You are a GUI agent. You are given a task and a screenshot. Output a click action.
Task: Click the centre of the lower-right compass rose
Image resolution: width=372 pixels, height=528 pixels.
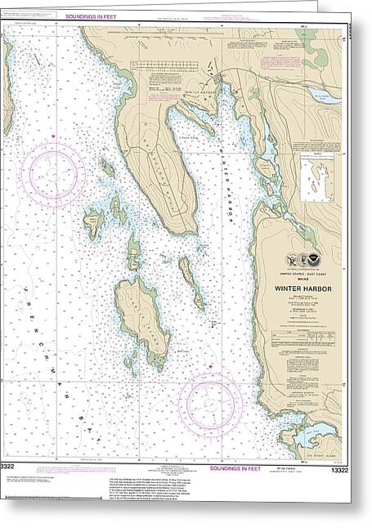point(210,404)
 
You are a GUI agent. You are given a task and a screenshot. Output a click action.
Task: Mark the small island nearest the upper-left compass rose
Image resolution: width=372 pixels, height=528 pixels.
point(107,168)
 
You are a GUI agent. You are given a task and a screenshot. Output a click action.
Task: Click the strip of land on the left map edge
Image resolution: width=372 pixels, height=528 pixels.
point(7,90)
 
